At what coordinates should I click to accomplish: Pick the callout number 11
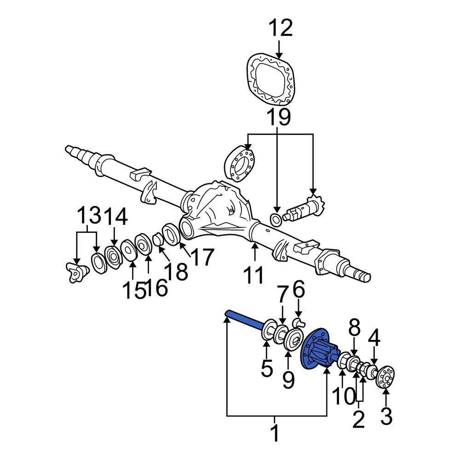click(254, 275)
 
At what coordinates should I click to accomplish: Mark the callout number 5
click(266, 368)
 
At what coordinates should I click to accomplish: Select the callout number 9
click(288, 380)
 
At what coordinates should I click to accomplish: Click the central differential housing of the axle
click(216, 207)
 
